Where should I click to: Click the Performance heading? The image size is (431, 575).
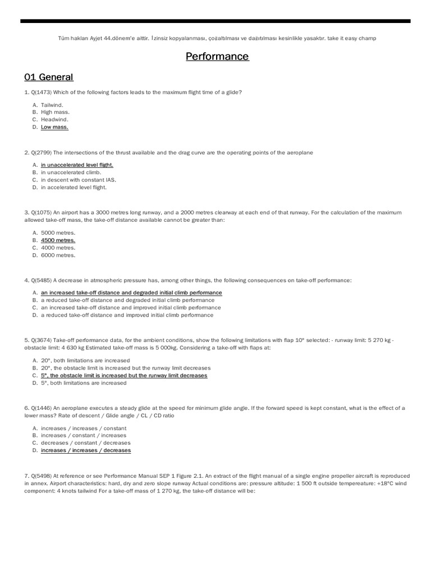click(x=217, y=57)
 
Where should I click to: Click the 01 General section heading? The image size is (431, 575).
click(x=49, y=77)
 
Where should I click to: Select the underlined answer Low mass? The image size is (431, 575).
click(x=54, y=127)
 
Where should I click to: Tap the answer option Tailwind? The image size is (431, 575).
click(x=52, y=105)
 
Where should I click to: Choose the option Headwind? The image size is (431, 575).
click(x=54, y=120)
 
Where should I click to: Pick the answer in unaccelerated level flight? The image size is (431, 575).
click(x=77, y=165)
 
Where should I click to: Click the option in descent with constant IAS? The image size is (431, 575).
click(x=79, y=180)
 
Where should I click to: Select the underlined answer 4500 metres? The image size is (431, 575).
click(x=58, y=240)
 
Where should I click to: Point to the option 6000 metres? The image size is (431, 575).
click(x=58, y=255)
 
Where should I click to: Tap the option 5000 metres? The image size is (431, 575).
click(x=58, y=233)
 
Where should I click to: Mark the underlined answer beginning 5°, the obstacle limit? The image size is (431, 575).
click(x=124, y=376)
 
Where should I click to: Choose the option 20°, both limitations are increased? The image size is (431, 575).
click(x=85, y=360)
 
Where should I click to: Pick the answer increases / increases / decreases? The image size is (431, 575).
click(x=86, y=450)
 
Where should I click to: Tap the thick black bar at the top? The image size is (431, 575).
click(x=215, y=21)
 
